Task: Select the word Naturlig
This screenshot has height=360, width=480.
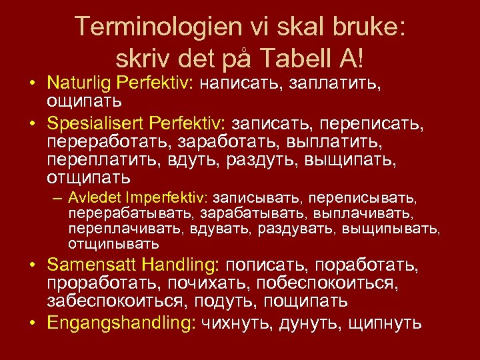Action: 78,85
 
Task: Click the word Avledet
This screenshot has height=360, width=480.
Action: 93,199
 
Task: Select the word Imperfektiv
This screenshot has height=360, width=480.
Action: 170,199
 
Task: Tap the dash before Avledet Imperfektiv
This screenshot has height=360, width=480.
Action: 58,199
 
